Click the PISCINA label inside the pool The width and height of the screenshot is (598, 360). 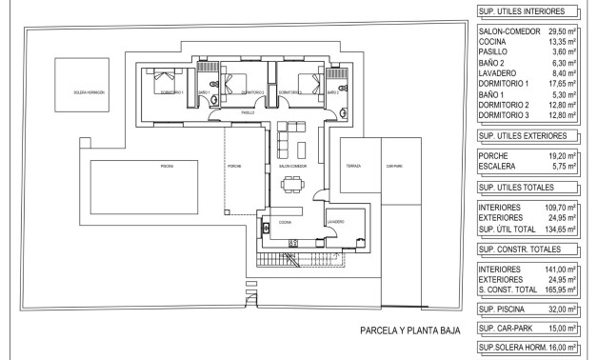coord(168,165)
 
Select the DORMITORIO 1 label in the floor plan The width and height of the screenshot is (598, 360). coord(171,92)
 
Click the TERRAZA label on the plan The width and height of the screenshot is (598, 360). coord(354,165)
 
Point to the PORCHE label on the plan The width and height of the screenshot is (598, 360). coord(234,165)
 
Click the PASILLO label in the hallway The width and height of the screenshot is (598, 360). coord(248,112)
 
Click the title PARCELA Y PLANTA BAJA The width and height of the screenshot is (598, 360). coord(410,332)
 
